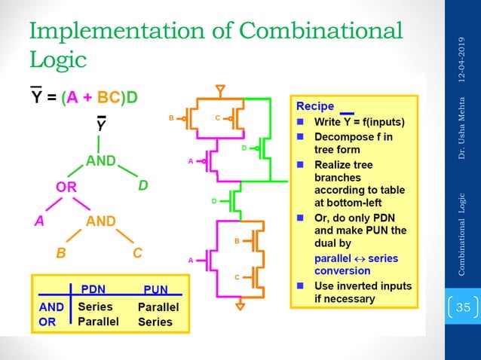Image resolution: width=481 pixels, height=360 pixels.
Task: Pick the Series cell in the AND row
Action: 95,307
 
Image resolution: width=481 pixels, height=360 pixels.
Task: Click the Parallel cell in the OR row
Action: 99,321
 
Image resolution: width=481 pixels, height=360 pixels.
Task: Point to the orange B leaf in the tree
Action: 60,253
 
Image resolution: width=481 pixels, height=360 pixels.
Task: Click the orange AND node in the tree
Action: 101,221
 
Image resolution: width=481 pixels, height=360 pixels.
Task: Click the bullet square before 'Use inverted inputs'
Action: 299,286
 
